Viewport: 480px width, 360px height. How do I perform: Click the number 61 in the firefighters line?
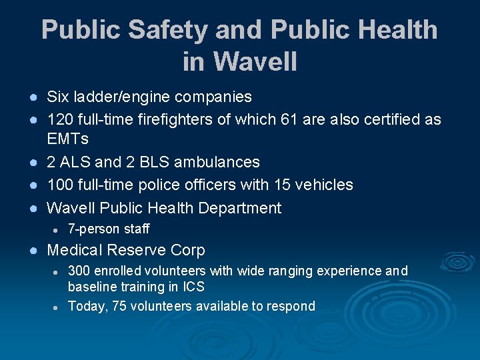click(x=312, y=119)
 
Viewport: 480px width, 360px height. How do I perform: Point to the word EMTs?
click(x=67, y=139)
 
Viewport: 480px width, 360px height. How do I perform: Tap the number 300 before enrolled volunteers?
click(x=79, y=271)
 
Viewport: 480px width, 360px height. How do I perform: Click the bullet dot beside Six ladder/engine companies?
click(x=31, y=97)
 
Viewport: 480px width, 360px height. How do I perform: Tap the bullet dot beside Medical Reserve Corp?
click(x=31, y=251)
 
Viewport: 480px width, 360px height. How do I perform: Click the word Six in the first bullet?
click(x=58, y=97)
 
